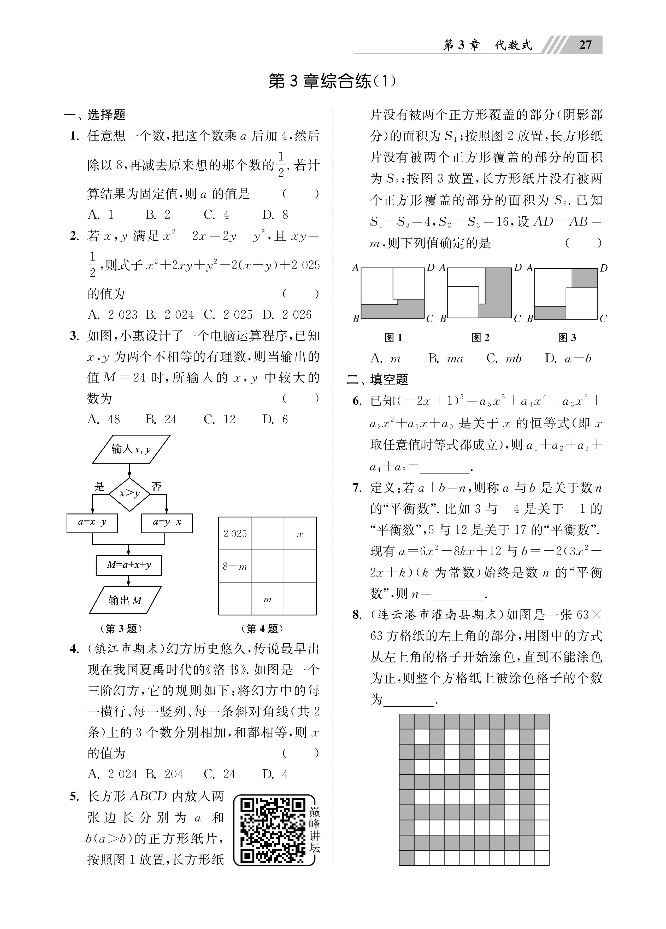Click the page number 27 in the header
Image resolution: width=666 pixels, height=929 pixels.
585,45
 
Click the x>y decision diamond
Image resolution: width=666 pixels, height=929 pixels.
129,494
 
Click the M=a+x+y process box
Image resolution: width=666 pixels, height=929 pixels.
128,565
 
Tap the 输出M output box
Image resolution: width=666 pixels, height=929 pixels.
125,600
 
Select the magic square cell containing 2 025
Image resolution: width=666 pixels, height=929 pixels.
235,534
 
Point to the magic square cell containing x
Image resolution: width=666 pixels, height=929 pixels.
300,534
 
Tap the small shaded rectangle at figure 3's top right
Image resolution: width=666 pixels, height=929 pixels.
584,278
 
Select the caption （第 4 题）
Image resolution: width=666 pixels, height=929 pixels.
262,628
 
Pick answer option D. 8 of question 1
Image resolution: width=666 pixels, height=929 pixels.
275,215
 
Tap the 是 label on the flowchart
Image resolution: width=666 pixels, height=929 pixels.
99,486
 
